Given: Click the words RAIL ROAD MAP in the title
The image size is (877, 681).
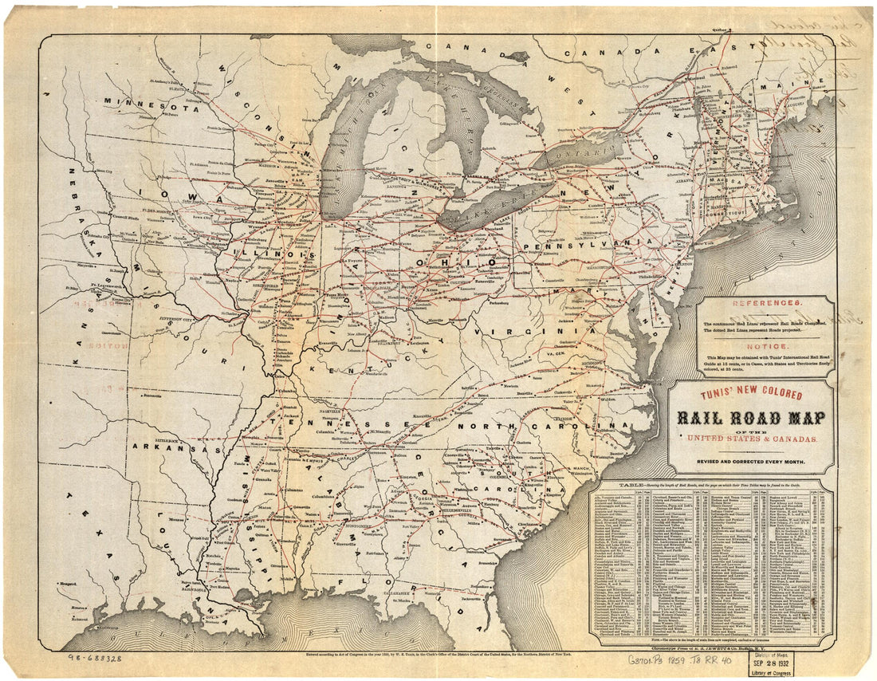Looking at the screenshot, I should point(751,419).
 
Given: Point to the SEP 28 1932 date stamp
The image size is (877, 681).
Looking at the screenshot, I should point(772,660).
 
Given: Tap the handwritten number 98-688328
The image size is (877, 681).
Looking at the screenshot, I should point(96,659).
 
